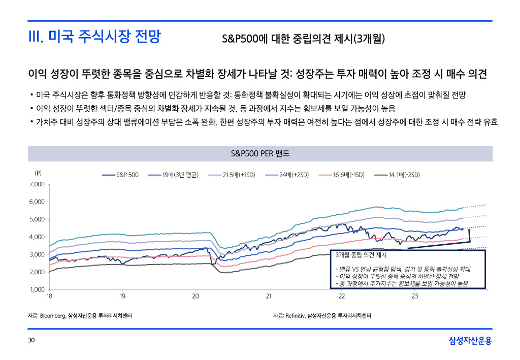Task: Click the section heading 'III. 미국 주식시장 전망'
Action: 94,37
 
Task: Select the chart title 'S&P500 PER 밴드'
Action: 260,154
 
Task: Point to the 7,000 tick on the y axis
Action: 37,184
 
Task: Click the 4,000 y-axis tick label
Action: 37,237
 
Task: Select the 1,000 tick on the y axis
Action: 37,290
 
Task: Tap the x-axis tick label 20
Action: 196,296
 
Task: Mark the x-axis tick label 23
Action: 415,296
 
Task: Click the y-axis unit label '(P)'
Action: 38,173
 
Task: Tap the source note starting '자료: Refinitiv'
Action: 322,316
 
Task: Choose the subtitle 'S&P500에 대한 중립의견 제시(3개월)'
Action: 304,39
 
